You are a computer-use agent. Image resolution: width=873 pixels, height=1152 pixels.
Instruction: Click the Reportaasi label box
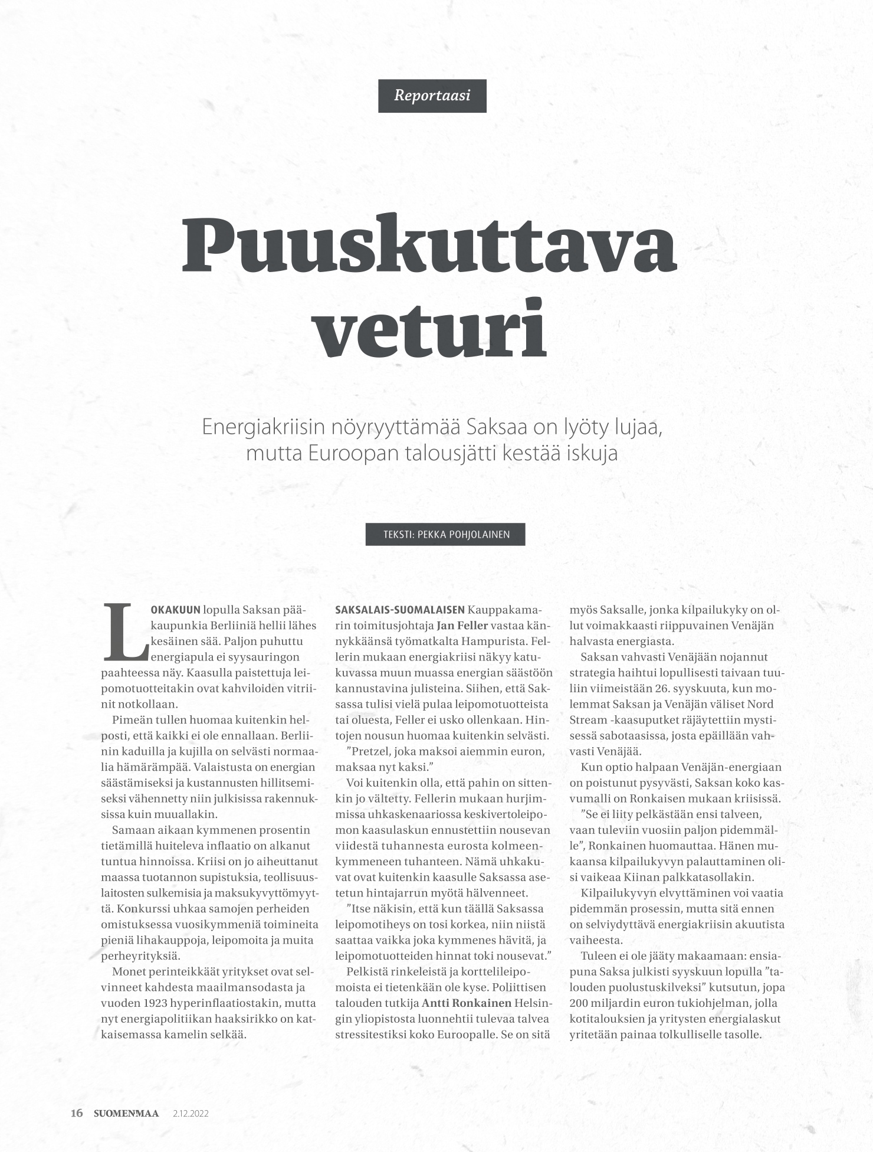(432, 96)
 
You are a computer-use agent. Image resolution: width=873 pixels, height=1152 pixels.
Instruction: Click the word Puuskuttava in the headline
(429, 246)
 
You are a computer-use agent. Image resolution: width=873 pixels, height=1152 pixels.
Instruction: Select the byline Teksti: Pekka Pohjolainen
(445, 535)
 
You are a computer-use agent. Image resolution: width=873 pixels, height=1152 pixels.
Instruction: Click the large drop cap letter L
(125, 632)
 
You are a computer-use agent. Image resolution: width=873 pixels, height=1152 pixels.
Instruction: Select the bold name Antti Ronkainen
(466, 1003)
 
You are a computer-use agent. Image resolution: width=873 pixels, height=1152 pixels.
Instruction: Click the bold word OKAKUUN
(176, 610)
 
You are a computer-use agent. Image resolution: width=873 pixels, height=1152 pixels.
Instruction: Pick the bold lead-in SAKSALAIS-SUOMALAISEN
(399, 610)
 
